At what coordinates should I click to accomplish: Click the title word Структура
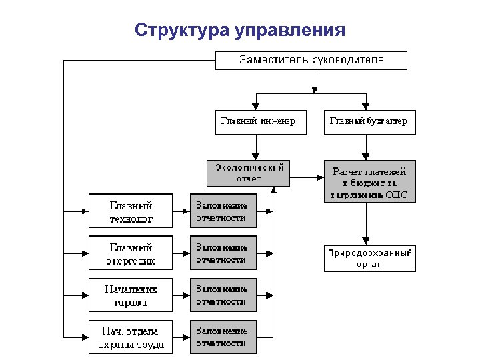[181, 31]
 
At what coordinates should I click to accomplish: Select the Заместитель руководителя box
[311, 60]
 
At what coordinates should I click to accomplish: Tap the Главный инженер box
[261, 122]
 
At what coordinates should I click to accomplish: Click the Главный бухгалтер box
[369, 122]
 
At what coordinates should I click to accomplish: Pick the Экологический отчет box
[249, 173]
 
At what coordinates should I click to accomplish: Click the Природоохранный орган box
[369, 259]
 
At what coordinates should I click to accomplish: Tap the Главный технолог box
[131, 211]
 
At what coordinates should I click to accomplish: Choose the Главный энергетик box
[131, 253]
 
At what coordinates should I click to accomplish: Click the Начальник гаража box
[131, 295]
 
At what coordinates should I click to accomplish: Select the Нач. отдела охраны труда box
[131, 337]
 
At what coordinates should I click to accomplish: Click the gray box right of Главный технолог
[223, 211]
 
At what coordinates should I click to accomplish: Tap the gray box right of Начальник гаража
[223, 295]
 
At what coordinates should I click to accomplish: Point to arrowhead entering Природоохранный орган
[365, 241]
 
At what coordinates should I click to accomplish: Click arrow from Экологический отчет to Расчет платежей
[307, 177]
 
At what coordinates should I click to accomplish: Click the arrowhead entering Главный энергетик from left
[85, 253]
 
